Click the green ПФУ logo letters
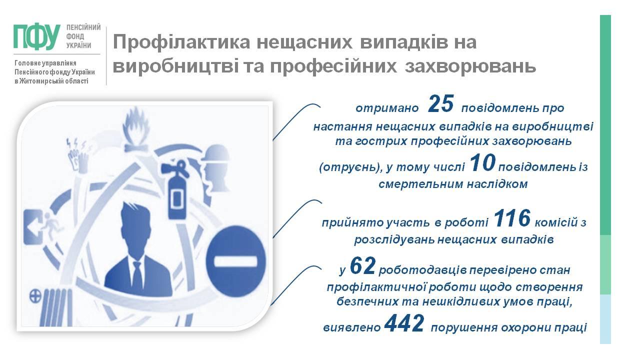(37, 37)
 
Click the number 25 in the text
(441, 104)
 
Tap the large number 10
(482, 163)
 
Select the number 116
(512, 218)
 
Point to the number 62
(362, 266)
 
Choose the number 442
(404, 323)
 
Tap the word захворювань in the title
(470, 66)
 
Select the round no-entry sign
(235, 261)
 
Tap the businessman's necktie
(137, 275)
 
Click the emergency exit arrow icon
(33, 227)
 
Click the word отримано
(387, 108)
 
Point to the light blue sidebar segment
(605, 319)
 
